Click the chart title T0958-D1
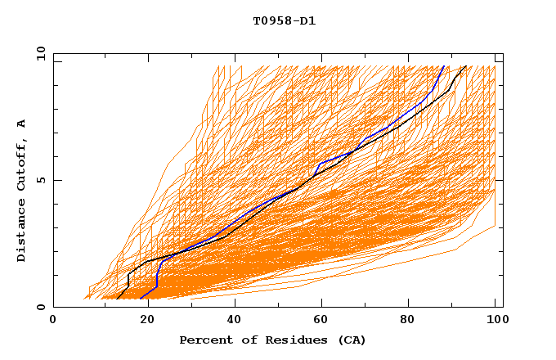(x=284, y=20)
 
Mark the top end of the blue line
(x=444, y=66)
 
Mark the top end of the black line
(x=466, y=66)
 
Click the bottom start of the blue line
(x=141, y=298)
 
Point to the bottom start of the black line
(x=117, y=298)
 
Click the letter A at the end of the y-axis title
(x=22, y=124)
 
